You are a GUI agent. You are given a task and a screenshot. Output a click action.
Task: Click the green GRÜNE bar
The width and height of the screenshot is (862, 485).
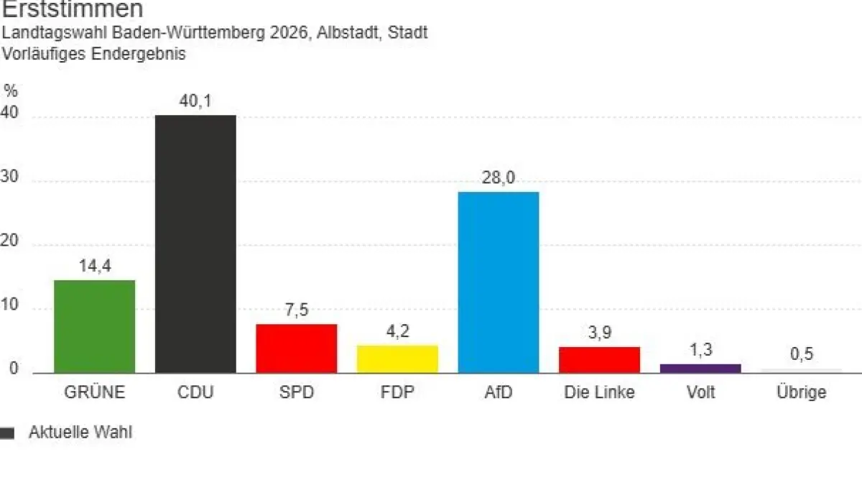coord(95,326)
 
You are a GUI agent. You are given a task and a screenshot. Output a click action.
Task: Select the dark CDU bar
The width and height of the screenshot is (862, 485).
coord(195,244)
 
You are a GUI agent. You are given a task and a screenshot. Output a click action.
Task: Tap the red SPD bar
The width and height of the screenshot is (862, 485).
coord(297,348)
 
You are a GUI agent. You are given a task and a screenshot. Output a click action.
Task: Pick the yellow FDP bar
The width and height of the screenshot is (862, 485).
coord(397,359)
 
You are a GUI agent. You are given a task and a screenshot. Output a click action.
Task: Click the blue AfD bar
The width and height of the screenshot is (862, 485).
coord(499,282)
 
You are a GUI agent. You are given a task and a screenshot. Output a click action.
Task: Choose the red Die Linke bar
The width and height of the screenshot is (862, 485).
coord(599,359)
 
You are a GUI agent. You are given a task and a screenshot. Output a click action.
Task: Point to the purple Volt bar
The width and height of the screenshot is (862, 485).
coord(700,368)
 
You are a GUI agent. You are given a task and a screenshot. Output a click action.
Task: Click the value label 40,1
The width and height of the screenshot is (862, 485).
coord(195,101)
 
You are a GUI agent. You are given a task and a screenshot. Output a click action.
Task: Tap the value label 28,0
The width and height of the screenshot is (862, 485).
coord(499,178)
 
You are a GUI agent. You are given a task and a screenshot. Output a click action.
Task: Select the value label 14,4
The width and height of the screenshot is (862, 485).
coord(95,266)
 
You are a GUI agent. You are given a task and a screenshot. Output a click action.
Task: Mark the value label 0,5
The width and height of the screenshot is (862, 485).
coord(802,355)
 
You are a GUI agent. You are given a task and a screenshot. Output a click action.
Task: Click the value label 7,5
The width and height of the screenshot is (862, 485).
coord(297,310)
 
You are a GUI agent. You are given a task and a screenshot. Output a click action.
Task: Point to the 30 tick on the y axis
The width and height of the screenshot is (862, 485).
coord(9,180)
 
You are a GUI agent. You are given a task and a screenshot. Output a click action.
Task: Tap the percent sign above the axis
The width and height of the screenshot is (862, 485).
coord(10,91)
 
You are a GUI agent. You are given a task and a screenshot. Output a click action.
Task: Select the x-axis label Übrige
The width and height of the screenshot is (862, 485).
coord(802,392)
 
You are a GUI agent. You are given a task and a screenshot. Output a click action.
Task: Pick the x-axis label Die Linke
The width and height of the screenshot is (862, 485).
coord(599,392)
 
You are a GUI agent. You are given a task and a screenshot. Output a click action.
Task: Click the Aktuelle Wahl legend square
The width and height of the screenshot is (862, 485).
coord(7,433)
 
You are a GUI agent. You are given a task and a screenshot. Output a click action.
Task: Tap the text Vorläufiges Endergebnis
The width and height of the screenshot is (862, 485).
coord(94,54)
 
